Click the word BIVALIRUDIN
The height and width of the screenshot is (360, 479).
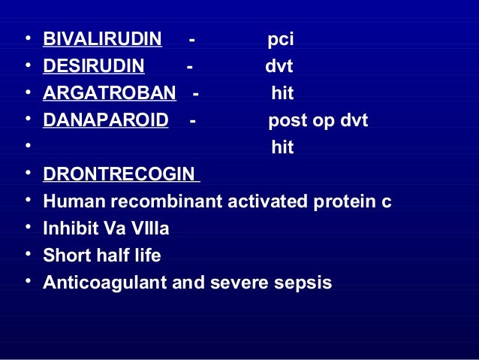click(103, 39)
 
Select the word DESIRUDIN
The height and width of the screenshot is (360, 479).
click(94, 67)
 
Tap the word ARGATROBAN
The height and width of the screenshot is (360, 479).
click(110, 94)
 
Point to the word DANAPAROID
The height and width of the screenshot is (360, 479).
click(106, 121)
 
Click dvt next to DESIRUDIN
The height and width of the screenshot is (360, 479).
click(279, 67)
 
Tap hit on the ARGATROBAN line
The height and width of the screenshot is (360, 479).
click(282, 94)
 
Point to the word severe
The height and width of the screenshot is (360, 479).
click(247, 283)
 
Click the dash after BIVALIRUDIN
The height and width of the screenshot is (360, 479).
click(193, 39)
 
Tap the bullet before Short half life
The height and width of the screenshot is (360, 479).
click(28, 256)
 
